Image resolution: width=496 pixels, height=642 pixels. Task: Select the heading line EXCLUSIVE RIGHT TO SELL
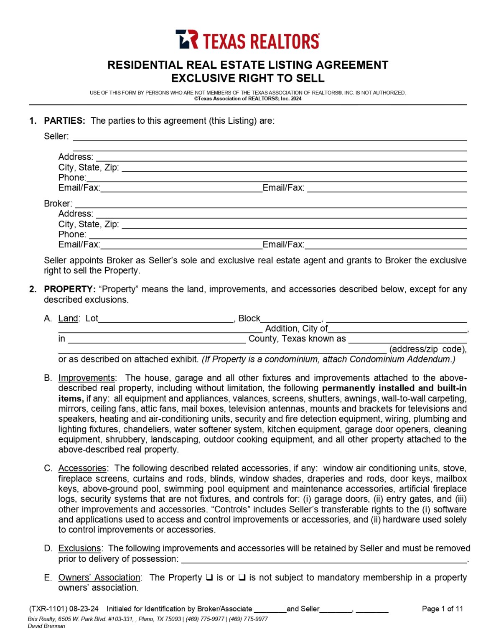248,79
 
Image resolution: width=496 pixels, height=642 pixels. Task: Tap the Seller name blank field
270,137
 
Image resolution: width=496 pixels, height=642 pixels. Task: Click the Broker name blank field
270,204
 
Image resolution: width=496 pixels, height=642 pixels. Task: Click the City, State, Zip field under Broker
294,224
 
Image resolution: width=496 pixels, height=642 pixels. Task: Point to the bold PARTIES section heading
64,121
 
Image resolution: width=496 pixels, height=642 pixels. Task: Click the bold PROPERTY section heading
69,289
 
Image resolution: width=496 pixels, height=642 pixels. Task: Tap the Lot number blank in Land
166,319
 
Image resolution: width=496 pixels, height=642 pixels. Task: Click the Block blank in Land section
291,319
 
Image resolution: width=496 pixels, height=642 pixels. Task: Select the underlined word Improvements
86,378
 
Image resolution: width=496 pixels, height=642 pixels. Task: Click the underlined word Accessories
82,468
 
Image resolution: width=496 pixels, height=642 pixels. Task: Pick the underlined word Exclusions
79,548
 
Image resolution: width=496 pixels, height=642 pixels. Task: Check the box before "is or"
209,577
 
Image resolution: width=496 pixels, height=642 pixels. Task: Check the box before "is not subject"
242,577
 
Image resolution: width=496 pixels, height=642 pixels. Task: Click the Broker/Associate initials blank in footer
270,609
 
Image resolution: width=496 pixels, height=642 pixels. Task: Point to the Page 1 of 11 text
442,609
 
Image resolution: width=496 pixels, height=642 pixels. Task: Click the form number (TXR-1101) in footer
48,609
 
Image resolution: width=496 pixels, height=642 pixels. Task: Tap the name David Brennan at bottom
46,626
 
